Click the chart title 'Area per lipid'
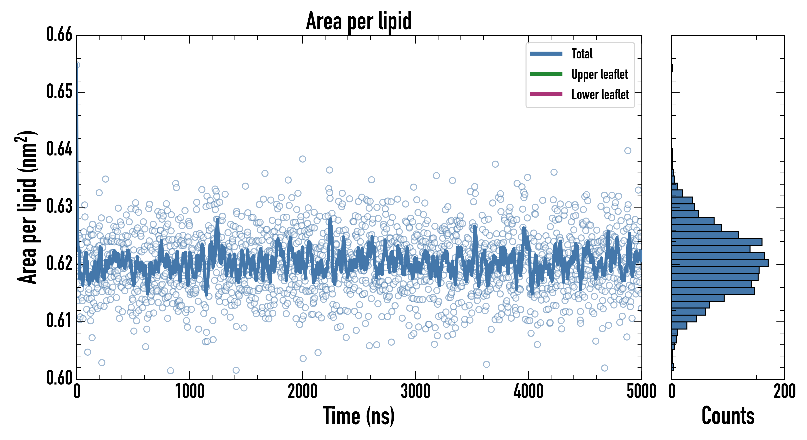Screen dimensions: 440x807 (x=359, y=21)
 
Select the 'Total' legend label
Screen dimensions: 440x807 (x=582, y=54)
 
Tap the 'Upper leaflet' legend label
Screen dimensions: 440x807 (x=599, y=74)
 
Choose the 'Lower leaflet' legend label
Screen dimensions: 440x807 (x=600, y=95)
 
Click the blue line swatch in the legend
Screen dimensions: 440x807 (x=546, y=54)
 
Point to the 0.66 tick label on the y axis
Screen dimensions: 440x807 (x=59, y=34)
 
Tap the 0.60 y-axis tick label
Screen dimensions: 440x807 (x=59, y=378)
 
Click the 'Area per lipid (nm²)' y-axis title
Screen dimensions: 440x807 (x=27, y=207)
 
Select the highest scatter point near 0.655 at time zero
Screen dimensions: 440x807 (x=77, y=65)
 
